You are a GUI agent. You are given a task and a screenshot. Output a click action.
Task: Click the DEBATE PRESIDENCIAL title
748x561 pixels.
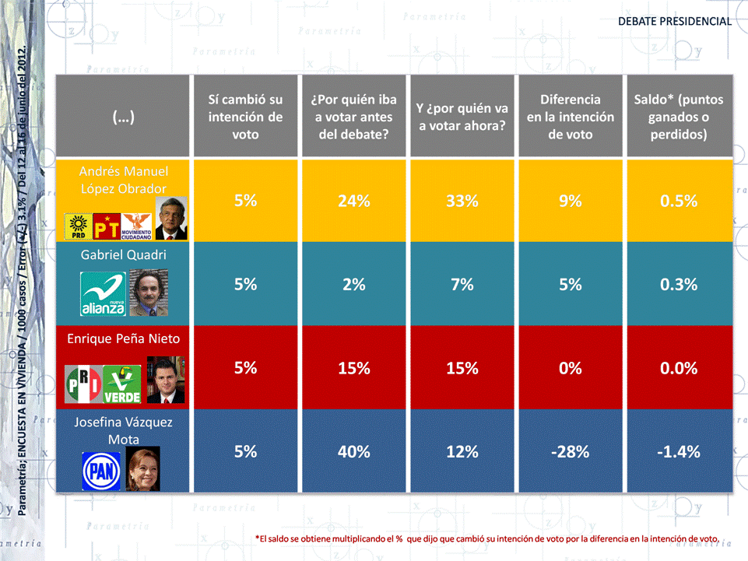675,21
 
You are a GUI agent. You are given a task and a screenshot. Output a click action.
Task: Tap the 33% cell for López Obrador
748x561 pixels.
462,201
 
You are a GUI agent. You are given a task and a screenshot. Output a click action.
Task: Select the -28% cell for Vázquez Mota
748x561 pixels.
571,451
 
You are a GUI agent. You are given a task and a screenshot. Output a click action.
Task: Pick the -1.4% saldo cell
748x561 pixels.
679,451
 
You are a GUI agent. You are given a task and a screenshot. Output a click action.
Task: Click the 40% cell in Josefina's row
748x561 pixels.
353,451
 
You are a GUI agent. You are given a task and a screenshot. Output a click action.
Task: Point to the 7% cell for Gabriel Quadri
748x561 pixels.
462,285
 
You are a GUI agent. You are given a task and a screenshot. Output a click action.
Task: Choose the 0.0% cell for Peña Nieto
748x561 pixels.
679,368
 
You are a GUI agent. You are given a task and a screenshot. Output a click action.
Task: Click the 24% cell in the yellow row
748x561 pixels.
353,201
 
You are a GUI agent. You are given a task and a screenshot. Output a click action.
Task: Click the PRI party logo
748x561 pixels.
83,384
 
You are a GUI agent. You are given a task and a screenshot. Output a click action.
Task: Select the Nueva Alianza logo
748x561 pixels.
104,295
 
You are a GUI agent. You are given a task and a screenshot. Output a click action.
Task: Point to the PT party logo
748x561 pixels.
105,226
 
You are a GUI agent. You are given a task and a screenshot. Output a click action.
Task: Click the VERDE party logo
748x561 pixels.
123,384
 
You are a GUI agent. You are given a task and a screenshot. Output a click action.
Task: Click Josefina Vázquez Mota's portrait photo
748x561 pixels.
142,468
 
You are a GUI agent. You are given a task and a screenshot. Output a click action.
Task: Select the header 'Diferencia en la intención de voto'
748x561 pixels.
571,117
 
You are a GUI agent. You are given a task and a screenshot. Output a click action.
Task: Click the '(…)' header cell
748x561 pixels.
123,117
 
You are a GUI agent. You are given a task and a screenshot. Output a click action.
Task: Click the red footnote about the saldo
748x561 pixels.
486,538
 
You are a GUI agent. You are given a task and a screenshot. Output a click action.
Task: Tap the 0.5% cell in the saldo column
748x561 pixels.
679,201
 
